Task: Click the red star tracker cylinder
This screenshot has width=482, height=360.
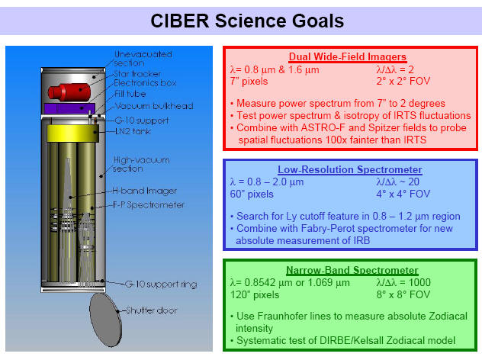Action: click(x=69, y=92)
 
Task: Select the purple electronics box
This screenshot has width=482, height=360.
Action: click(x=69, y=108)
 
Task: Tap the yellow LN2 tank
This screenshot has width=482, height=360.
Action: click(x=73, y=133)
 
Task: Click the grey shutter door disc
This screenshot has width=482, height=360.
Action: click(x=106, y=320)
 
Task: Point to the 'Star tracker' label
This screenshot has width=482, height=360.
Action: click(x=137, y=74)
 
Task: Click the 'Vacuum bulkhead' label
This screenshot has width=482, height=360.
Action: click(x=154, y=106)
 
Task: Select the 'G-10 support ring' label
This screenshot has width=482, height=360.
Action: click(x=161, y=284)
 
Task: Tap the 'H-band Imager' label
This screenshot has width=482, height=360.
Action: click(x=144, y=191)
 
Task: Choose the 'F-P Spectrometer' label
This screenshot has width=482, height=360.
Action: click(x=149, y=204)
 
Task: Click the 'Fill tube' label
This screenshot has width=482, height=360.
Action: click(x=130, y=94)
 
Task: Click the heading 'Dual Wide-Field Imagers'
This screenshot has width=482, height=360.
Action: click(x=347, y=57)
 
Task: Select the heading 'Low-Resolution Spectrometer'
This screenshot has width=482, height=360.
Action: click(x=350, y=169)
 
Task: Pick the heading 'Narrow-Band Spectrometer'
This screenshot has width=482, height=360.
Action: click(x=352, y=270)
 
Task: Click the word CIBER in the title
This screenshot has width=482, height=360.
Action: click(x=180, y=21)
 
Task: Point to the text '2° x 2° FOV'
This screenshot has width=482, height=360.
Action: click(x=403, y=81)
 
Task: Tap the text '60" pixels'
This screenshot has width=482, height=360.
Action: click(x=252, y=194)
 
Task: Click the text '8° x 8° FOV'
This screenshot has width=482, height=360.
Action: click(x=403, y=294)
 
